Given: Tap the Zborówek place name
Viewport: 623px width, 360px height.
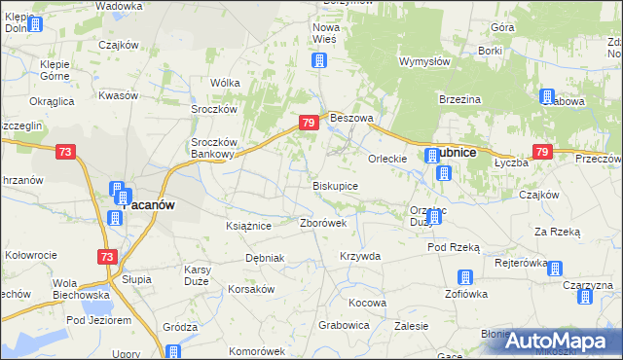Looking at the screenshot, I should (323, 223).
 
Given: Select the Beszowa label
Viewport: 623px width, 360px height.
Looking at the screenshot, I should (352, 118).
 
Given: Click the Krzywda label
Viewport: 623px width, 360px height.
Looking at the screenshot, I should (359, 256).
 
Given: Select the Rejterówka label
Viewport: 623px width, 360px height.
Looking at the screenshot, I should (521, 263).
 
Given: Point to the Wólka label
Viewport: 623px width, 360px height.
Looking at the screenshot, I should (226, 84).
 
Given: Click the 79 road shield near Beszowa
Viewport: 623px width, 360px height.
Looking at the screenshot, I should (309, 123).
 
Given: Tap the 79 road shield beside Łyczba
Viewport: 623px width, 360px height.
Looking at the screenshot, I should (542, 152).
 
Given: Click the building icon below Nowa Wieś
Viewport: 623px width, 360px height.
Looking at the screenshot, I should (318, 61).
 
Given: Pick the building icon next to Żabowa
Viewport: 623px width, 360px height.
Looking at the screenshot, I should (547, 96).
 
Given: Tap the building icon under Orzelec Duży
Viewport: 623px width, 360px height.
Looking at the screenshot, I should (433, 217).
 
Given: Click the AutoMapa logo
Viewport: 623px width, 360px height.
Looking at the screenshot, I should (557, 341).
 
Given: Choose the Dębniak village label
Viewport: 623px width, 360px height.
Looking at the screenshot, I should (265, 259).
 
